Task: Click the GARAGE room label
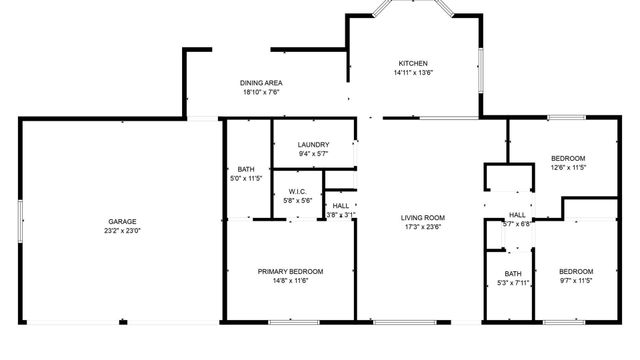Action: [x=123, y=221]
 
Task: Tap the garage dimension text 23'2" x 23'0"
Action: [x=123, y=230]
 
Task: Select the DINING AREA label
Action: [x=260, y=83]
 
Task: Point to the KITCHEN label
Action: [x=413, y=62]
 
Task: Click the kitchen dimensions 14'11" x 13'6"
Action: [x=413, y=72]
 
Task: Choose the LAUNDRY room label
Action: [x=314, y=145]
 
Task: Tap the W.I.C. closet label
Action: [x=297, y=192]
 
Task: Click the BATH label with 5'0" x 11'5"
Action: [x=246, y=169]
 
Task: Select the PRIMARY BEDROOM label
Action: [x=291, y=271]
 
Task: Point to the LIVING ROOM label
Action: [x=423, y=217]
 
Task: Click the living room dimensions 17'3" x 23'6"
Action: [x=423, y=227]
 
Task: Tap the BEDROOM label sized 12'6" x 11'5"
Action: [x=568, y=158]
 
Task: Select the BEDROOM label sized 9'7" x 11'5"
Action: [x=575, y=271]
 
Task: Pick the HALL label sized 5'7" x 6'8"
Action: [x=517, y=215]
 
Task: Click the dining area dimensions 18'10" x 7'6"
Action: [x=260, y=92]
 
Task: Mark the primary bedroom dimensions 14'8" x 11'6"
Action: [x=291, y=281]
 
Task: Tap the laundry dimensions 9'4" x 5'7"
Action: [x=314, y=154]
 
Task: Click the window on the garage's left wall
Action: [x=20, y=220]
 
